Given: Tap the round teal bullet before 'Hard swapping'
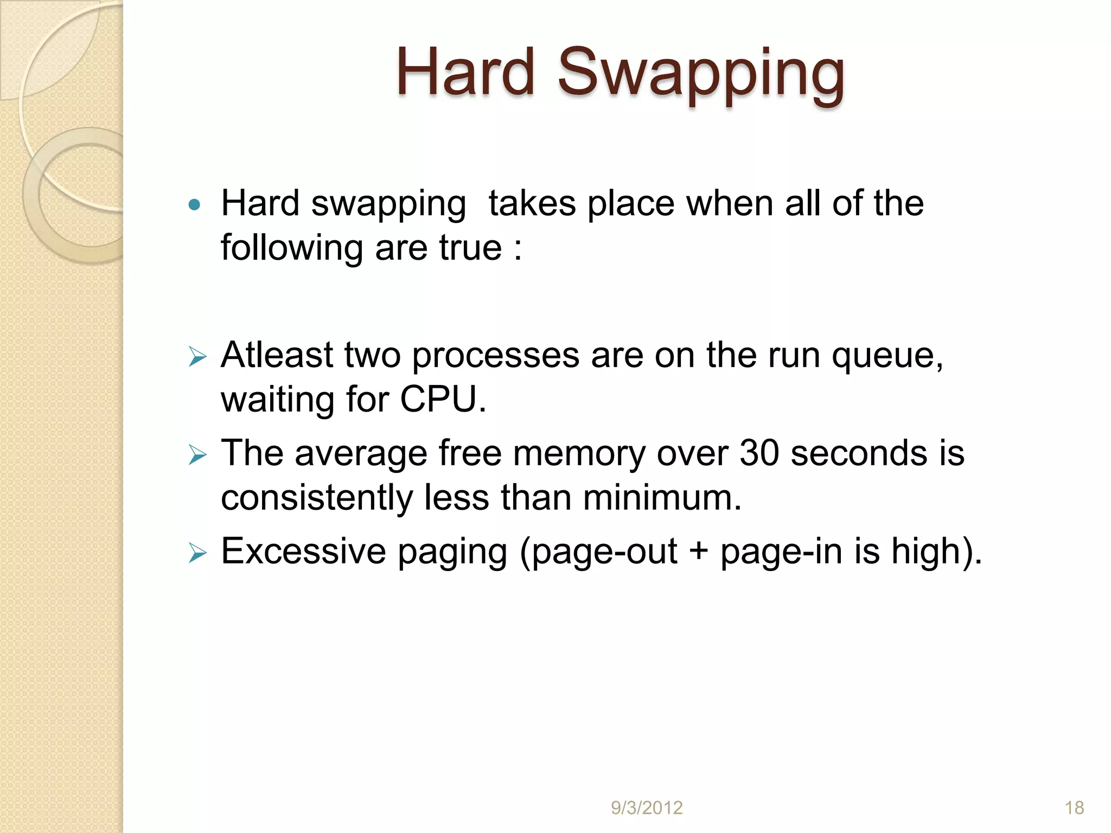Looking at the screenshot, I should [194, 205].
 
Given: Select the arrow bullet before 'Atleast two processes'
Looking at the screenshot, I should [197, 357].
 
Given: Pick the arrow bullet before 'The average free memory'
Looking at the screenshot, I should [197, 455].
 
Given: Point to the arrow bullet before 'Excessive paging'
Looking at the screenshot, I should [197, 553].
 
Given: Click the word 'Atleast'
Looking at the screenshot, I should [277, 355].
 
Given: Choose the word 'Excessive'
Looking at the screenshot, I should [303, 552].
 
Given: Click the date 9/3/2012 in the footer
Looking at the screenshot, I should [647, 808].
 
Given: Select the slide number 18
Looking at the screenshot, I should [1074, 808].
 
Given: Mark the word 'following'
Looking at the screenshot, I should [292, 248].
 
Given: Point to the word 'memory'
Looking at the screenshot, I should [579, 454].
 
